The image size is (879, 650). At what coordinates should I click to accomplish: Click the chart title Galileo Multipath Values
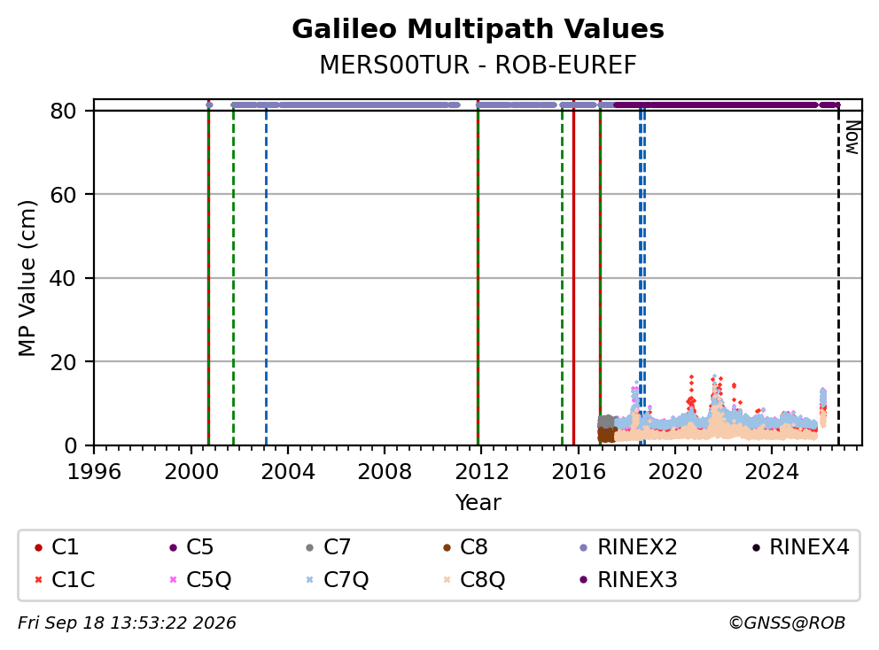coord(478,29)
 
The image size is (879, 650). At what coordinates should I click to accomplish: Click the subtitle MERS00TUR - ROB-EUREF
coord(478,65)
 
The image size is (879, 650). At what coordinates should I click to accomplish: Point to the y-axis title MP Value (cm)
coord(27,278)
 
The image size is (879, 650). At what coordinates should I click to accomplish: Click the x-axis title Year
coord(478,503)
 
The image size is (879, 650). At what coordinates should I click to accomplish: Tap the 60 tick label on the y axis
coord(63,195)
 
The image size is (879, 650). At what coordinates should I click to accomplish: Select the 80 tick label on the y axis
coord(63,112)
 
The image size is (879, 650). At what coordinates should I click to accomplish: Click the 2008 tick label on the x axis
coord(385,472)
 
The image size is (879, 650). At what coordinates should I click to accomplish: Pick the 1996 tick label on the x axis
coord(94,472)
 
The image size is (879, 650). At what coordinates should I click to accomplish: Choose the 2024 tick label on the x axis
coord(772,472)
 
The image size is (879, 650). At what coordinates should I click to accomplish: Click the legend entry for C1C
coord(65,580)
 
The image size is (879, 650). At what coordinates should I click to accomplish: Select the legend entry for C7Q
coord(337,580)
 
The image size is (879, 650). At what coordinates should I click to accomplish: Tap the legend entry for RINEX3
coord(628,580)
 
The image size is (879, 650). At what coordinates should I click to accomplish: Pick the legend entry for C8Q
coord(474,580)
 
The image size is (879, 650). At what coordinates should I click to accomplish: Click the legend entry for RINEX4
coord(800,547)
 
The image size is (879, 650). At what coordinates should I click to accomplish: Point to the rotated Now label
coord(852,138)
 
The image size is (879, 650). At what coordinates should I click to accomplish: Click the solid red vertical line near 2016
coord(573,278)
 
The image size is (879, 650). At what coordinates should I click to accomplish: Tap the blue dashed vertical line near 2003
coord(266,278)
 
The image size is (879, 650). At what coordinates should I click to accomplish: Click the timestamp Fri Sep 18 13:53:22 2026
coord(127,623)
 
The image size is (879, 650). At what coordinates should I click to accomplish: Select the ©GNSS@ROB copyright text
coord(787,623)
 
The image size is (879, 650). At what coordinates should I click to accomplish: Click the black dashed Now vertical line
coord(838,278)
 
